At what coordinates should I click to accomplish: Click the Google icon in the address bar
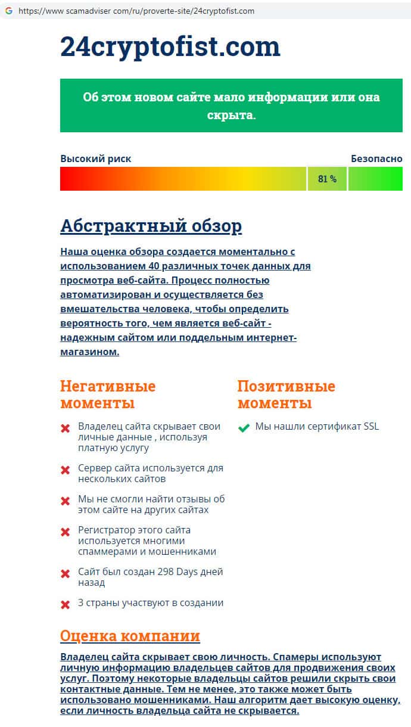tap(8, 11)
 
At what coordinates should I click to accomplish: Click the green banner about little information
tap(231, 105)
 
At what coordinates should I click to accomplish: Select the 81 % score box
tap(327, 179)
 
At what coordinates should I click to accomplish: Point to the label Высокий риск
tap(95, 159)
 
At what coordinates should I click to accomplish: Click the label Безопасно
tap(376, 159)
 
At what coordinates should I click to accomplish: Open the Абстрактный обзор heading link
tap(151, 226)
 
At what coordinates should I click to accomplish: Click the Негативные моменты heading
tap(108, 394)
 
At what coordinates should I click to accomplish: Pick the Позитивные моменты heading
tap(286, 394)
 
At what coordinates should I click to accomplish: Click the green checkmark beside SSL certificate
tap(243, 427)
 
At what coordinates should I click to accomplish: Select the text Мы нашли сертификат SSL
tap(317, 427)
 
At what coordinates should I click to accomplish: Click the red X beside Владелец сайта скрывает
tap(66, 428)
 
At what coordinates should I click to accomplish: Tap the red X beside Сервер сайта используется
tap(66, 470)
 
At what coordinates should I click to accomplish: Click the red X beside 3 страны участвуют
tap(66, 604)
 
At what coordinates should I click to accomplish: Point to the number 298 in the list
tap(166, 571)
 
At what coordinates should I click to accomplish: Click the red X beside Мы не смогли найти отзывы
tap(66, 501)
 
